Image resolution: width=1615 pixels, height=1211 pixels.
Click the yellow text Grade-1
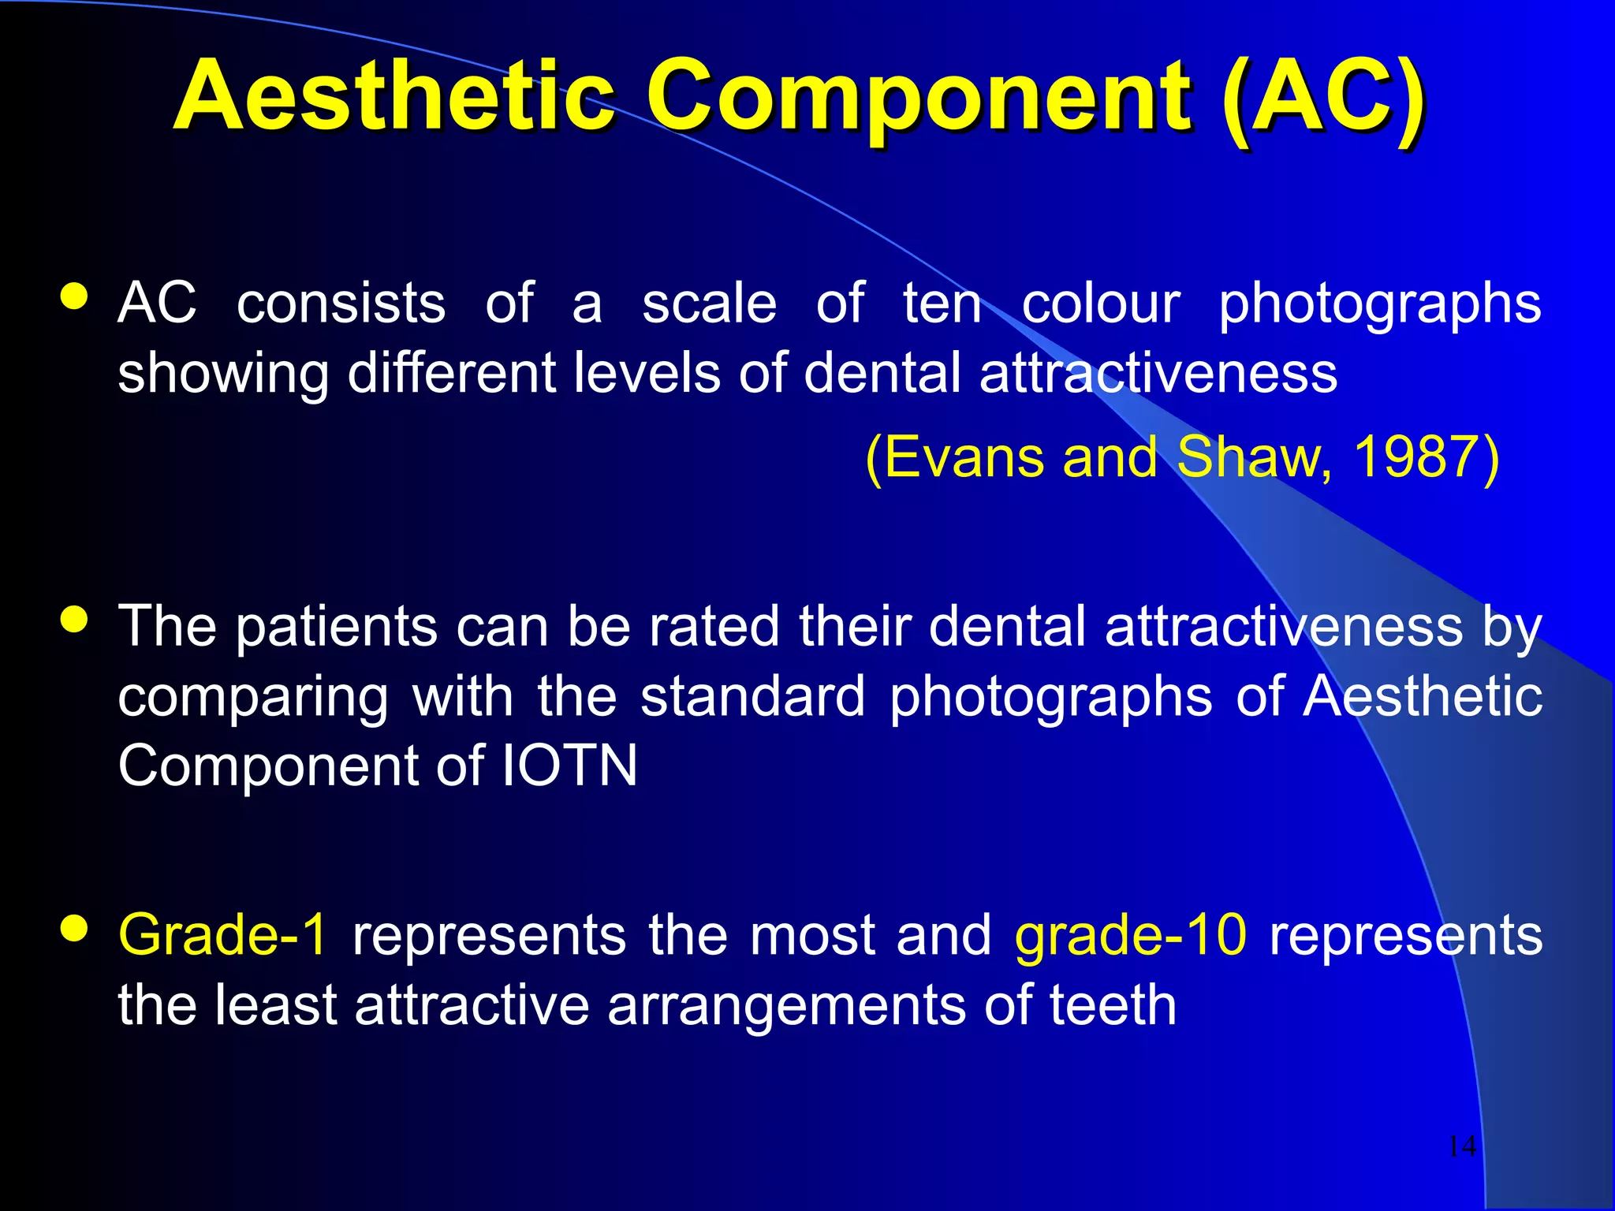pyautogui.click(x=222, y=935)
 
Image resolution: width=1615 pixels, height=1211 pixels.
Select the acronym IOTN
pyautogui.click(x=569, y=766)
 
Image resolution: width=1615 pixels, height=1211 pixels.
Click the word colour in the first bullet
pyautogui.click(x=1101, y=304)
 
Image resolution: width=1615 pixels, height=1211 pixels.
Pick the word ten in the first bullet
pyautogui.click(x=942, y=304)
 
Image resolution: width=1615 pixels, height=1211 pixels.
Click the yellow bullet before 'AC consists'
pyautogui.click(x=74, y=297)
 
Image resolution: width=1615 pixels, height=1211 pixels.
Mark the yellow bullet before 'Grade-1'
pyautogui.click(x=74, y=929)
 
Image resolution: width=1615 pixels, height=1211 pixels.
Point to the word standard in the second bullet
pyautogui.click(x=752, y=697)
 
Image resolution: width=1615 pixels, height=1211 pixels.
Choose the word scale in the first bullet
pyautogui.click(x=709, y=304)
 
